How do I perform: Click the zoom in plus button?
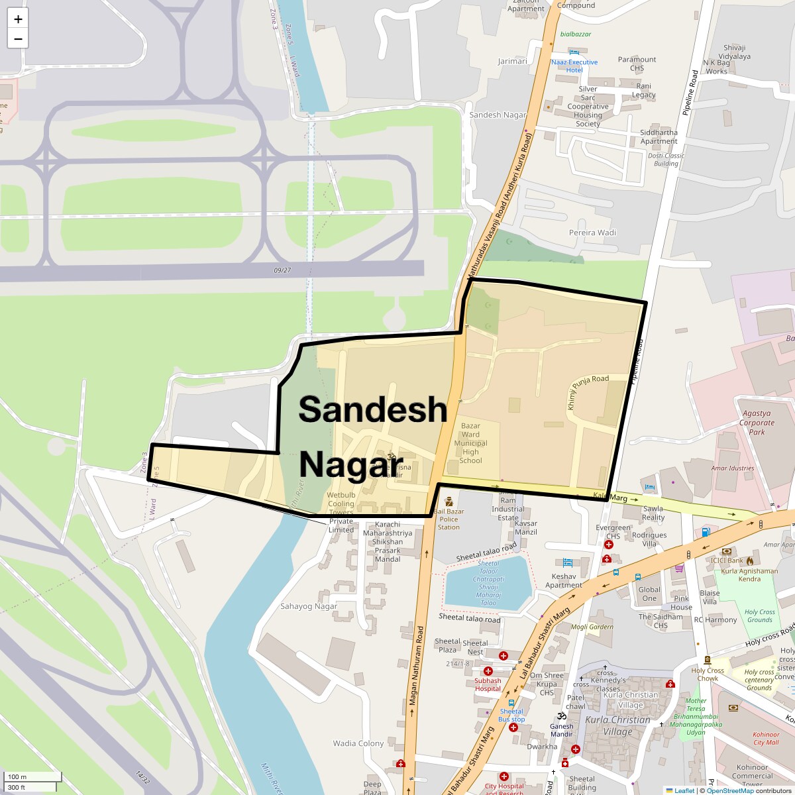pyautogui.click(x=18, y=19)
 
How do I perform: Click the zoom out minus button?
pyautogui.click(x=18, y=38)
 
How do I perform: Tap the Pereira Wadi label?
pyautogui.click(x=592, y=233)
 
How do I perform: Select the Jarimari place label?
pyautogui.click(x=513, y=61)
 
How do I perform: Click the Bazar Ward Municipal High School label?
pyautogui.click(x=470, y=443)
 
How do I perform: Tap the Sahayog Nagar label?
pyautogui.click(x=309, y=606)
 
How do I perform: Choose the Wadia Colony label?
pyautogui.click(x=358, y=743)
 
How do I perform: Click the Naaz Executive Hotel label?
pyautogui.click(x=574, y=66)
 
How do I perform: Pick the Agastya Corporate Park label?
pyautogui.click(x=757, y=423)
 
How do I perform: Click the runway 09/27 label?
pyautogui.click(x=282, y=270)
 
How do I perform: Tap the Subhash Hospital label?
pyautogui.click(x=488, y=684)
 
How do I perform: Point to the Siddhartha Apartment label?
pyautogui.click(x=659, y=136)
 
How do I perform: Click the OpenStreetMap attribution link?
pyautogui.click(x=729, y=790)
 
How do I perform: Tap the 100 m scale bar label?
pyautogui.click(x=17, y=776)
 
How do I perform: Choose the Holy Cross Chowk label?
pyautogui.click(x=708, y=674)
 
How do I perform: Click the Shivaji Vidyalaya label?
pyautogui.click(x=737, y=52)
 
